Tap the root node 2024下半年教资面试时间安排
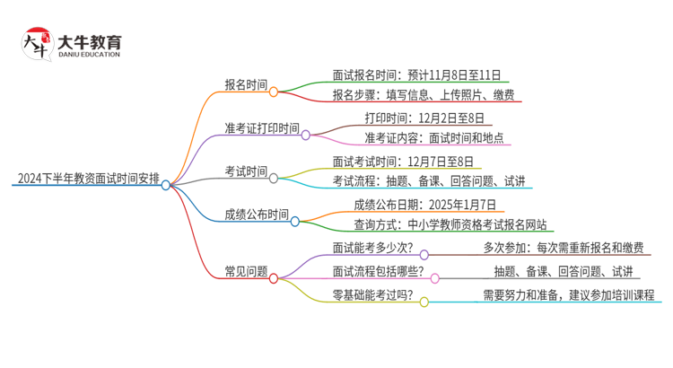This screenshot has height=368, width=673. [88, 179]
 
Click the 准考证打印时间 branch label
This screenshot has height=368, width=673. [262, 128]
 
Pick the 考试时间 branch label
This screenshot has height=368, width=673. [245, 171]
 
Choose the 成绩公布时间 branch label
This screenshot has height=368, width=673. [257, 215]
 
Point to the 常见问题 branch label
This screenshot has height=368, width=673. [245, 271]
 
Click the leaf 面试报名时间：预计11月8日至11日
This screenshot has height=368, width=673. [416, 74]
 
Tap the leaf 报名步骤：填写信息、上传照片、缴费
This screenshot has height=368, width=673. [423, 95]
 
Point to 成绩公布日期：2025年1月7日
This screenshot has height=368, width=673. [424, 204]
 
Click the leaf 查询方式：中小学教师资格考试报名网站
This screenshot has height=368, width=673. [450, 225]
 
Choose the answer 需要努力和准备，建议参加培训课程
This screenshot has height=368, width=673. [568, 294]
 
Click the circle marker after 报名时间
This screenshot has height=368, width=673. [274, 91]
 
